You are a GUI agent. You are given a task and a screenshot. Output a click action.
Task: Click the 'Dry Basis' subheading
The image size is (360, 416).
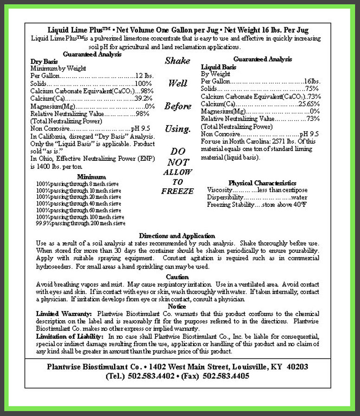coord(44,61)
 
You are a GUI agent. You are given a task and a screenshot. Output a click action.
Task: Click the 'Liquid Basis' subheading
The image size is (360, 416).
coord(218,67)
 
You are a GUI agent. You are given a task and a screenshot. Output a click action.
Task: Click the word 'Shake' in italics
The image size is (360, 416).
coord(177,61)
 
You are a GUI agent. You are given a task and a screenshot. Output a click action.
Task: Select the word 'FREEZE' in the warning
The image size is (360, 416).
coord(177,191)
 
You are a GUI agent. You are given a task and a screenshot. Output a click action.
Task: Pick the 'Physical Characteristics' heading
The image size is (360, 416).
coord(262,183)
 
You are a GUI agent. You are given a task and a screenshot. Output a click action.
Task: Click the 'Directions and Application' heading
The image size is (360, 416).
coord(177,236)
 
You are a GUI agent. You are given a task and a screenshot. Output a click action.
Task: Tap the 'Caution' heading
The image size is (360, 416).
coord(177,277)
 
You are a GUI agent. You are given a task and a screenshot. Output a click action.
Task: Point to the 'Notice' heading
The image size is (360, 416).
coord(177,307)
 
